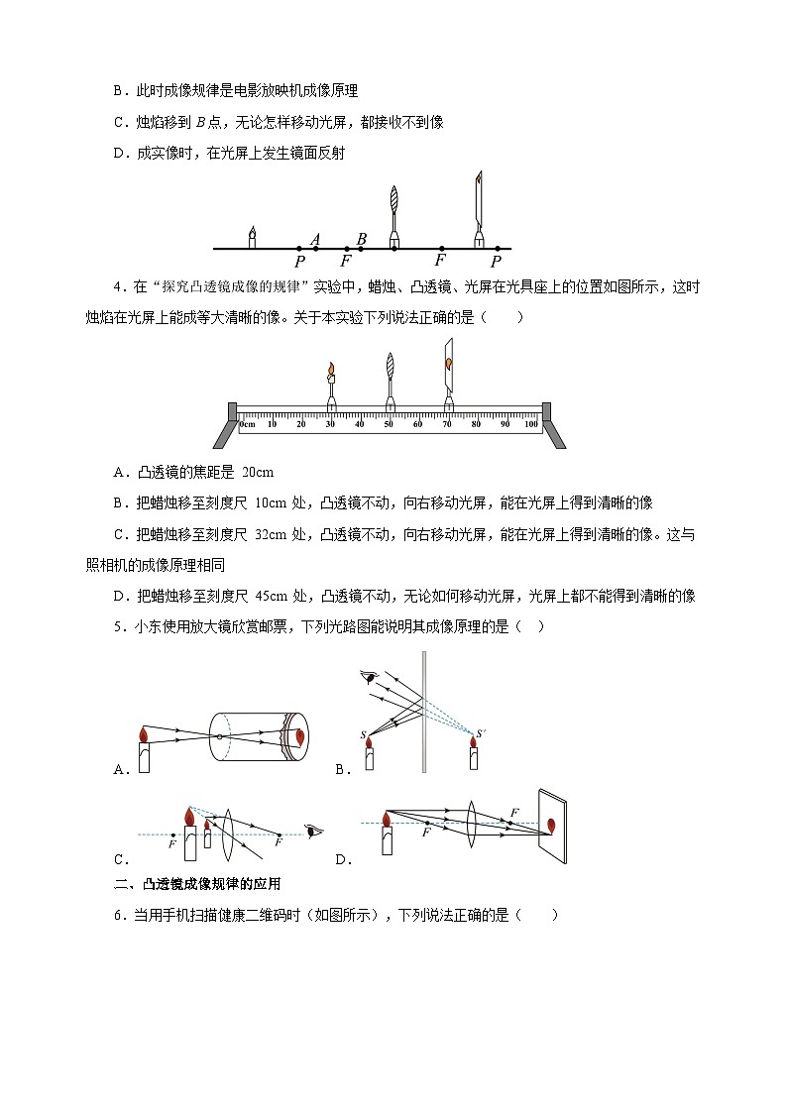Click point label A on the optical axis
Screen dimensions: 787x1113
[x=315, y=239]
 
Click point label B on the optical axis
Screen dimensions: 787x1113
[x=362, y=239]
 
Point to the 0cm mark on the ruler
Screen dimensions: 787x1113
[x=247, y=424]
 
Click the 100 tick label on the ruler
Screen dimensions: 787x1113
[x=531, y=424]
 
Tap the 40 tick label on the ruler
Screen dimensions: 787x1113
[x=360, y=424]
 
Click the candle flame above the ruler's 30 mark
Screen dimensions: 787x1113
[x=331, y=371]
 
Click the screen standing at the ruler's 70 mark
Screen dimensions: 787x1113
[x=449, y=369]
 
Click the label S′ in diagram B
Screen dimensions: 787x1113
[x=481, y=733]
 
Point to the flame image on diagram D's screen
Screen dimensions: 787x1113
[x=550, y=824]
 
